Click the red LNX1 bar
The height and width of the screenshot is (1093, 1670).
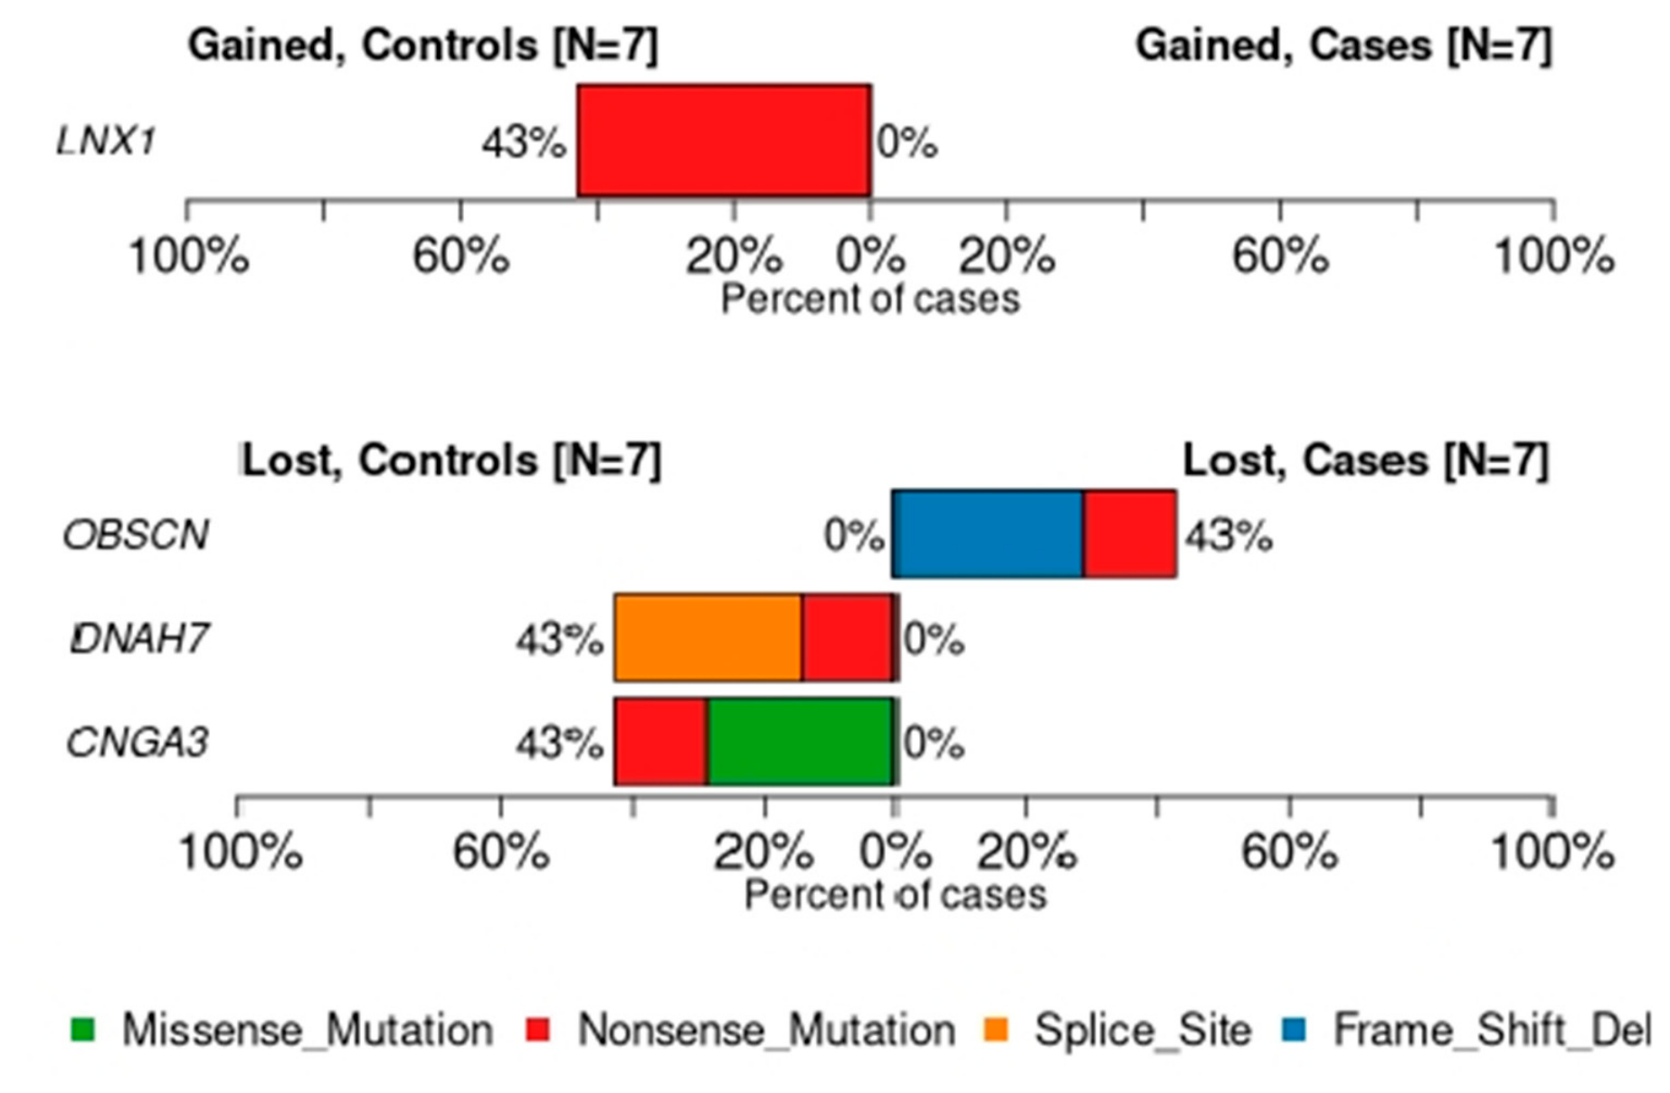click(x=724, y=140)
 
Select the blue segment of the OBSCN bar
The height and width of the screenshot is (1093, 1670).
click(x=988, y=534)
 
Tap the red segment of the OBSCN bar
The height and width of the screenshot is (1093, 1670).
click(x=1130, y=534)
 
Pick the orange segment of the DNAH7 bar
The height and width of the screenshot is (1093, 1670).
click(x=708, y=638)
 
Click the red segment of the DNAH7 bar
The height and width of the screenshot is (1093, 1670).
click(x=847, y=638)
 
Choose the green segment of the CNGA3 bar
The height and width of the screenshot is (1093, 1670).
click(x=800, y=741)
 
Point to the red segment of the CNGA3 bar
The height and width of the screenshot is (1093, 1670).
click(x=661, y=741)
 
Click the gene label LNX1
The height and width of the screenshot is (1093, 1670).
click(x=107, y=141)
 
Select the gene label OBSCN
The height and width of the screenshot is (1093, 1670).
click(x=137, y=536)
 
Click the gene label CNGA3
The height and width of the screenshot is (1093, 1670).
click(x=138, y=742)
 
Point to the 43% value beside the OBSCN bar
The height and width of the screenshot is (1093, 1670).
click(x=1229, y=537)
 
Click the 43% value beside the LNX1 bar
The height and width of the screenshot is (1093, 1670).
click(x=524, y=143)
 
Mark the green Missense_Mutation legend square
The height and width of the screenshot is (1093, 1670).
click(x=82, y=1030)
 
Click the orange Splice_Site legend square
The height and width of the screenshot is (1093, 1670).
click(x=996, y=1030)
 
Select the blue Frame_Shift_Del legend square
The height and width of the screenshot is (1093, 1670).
click(x=1295, y=1030)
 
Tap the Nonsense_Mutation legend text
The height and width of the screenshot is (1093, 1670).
click(x=766, y=1031)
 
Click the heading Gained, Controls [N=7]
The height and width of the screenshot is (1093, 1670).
click(x=423, y=45)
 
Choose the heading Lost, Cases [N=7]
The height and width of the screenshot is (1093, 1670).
click(x=1366, y=461)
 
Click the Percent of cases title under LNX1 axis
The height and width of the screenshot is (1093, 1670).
click(x=870, y=299)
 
